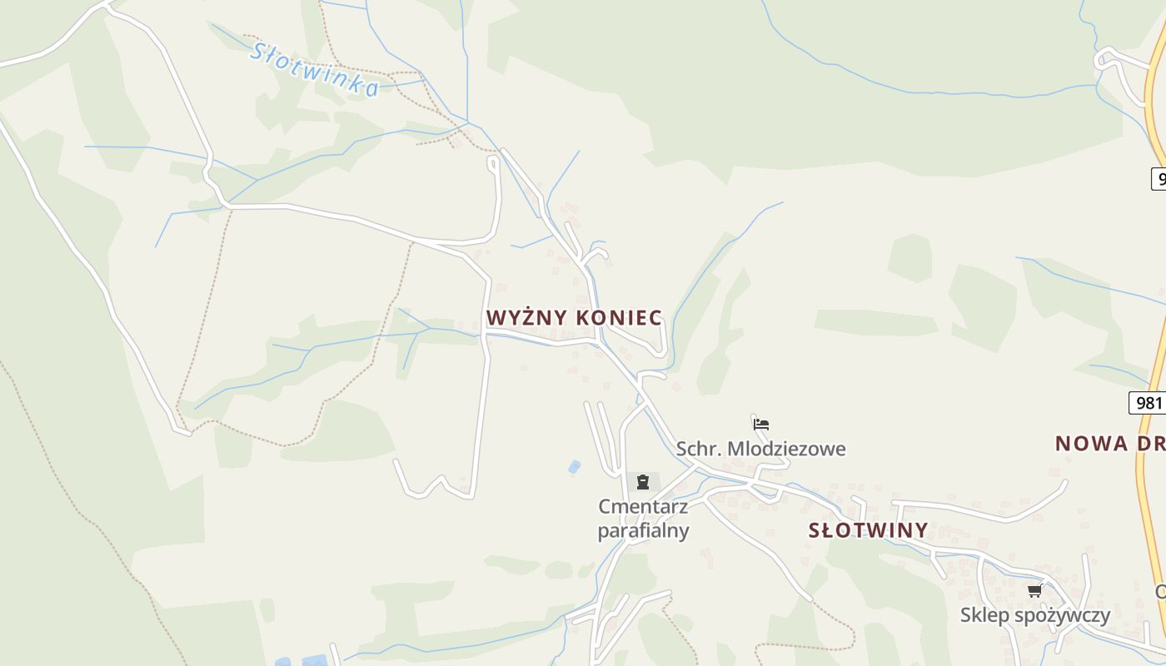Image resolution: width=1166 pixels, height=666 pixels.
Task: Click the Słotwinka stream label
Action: pos(315,69)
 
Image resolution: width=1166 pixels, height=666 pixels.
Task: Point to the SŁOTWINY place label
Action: pos(868,530)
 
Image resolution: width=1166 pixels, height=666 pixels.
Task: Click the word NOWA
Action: pos(1091,444)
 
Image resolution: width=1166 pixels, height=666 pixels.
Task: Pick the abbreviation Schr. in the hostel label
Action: pos(699,450)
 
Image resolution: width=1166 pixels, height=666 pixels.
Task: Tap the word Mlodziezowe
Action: pos(786,450)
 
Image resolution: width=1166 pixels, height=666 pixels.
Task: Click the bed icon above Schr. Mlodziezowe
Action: pos(760,424)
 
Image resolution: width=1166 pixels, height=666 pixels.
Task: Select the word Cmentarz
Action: pos(643,506)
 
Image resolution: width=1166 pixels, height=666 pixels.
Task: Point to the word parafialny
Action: pos(643,530)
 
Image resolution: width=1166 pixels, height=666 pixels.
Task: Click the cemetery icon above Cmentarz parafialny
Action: pos(642,482)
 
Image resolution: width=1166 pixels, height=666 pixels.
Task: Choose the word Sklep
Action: pos(984,615)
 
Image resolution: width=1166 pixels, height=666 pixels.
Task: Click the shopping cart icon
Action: pos(1034,590)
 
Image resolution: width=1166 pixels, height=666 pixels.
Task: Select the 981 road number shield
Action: pos(1148,403)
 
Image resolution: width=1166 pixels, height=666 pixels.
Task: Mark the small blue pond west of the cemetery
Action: pos(575,467)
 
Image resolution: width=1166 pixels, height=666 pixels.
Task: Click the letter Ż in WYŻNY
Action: pos(528,318)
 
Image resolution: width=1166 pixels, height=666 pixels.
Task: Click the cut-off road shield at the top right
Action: pos(1159,178)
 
